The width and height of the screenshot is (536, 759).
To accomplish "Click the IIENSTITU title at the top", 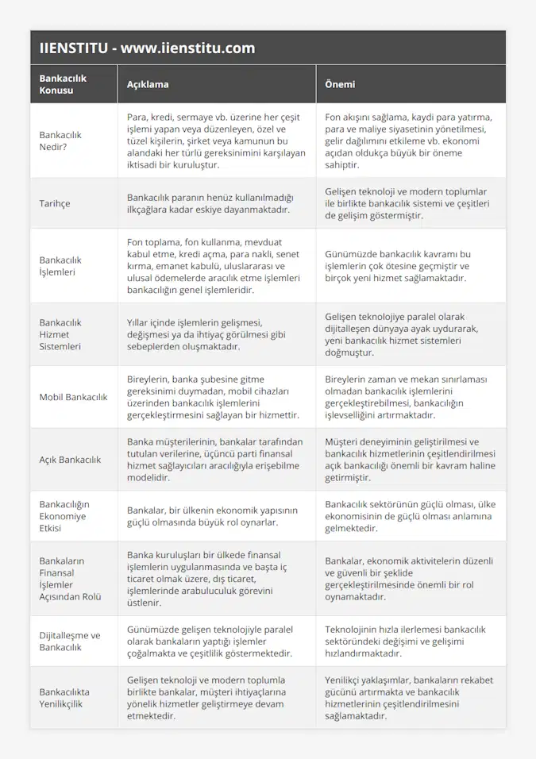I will [148, 48].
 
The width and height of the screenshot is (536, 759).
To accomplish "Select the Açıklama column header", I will [148, 84].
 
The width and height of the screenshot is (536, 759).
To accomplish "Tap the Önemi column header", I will [340, 84].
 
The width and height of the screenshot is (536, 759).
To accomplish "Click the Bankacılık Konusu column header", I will [63, 84].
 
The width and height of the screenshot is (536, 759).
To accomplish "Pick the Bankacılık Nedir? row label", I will [60, 141].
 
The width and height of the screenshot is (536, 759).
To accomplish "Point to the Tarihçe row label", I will [55, 203].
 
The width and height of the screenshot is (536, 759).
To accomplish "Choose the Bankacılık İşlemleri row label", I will [60, 265].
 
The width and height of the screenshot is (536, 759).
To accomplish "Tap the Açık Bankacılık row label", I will [70, 459].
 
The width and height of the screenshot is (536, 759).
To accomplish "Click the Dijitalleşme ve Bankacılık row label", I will [70, 641].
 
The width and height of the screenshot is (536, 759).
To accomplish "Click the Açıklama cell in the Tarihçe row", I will [210, 203].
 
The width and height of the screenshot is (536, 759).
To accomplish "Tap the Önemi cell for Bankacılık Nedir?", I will [408, 141].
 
